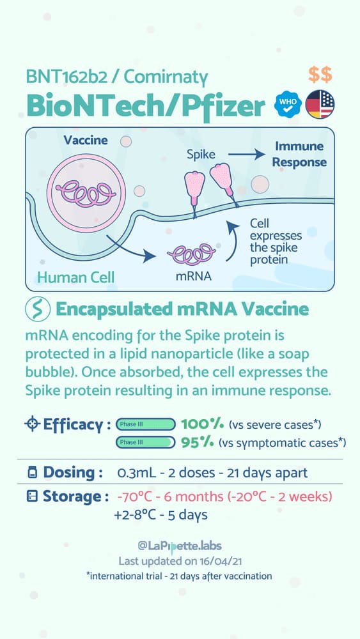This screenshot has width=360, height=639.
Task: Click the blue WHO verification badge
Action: click(x=288, y=104)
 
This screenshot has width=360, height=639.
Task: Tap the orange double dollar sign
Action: click(x=320, y=75)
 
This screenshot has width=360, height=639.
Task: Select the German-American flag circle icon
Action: click(x=320, y=104)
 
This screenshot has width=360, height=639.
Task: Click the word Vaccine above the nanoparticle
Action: click(x=86, y=140)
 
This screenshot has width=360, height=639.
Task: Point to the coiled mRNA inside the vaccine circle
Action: click(x=85, y=193)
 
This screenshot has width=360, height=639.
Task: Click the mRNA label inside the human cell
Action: click(x=194, y=276)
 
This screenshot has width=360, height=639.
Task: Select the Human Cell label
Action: click(x=76, y=277)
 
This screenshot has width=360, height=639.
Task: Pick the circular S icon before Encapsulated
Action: click(x=38, y=309)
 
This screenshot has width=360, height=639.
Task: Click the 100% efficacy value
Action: click(x=202, y=424)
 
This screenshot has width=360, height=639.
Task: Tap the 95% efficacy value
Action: click(x=198, y=442)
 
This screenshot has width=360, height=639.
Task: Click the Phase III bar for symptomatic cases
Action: click(x=146, y=442)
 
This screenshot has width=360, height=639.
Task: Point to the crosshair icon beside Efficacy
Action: click(x=32, y=424)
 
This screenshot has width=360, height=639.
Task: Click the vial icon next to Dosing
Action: click(x=32, y=473)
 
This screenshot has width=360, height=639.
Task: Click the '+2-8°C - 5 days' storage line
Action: click(x=161, y=515)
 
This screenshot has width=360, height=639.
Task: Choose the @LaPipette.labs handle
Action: click(x=180, y=546)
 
